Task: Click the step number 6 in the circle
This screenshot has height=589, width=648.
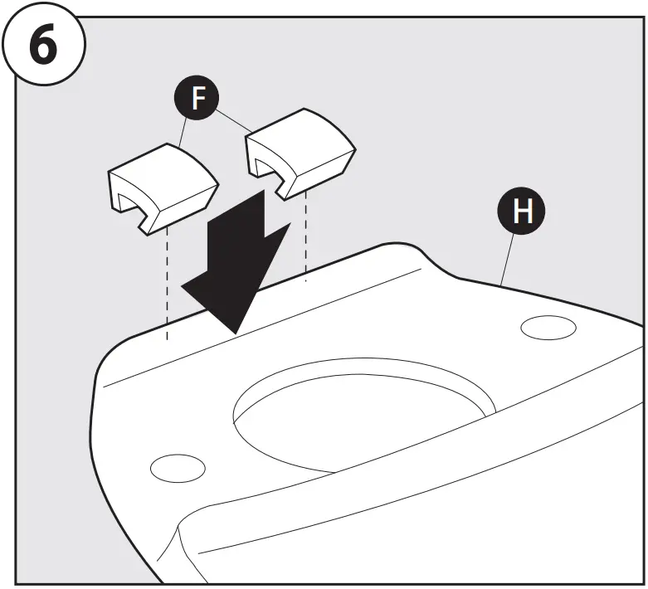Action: click(42, 46)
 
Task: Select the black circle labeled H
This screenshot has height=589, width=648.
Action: click(522, 212)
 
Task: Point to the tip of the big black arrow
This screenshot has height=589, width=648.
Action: click(236, 332)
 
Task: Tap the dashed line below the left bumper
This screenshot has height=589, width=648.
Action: click(168, 282)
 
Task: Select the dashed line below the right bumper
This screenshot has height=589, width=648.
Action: click(306, 241)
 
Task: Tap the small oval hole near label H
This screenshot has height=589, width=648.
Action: click(548, 328)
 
